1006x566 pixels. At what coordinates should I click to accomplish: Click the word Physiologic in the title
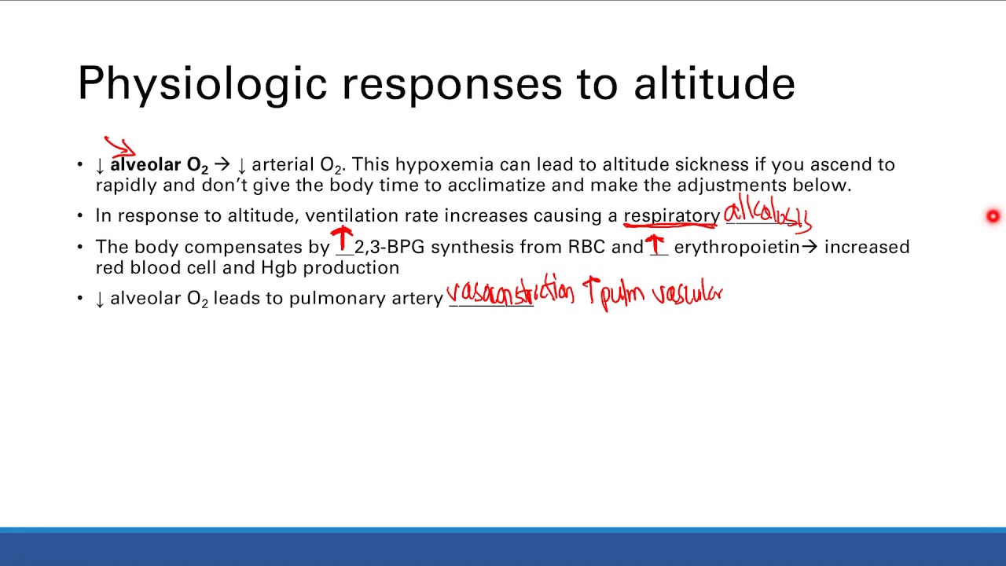pyautogui.click(x=202, y=83)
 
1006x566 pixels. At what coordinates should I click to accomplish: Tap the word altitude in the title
pyautogui.click(x=714, y=83)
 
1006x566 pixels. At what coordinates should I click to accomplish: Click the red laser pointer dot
pyautogui.click(x=993, y=216)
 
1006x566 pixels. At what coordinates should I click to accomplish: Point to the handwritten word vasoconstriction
pyautogui.click(x=510, y=293)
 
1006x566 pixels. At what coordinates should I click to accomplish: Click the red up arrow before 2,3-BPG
pyautogui.click(x=342, y=239)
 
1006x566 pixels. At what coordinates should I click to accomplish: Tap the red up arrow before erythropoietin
pyautogui.click(x=655, y=244)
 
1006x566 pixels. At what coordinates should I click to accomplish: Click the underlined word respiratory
pyautogui.click(x=672, y=215)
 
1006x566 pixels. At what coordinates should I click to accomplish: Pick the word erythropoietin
pyautogui.click(x=736, y=247)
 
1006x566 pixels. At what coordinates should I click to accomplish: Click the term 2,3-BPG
pyautogui.click(x=389, y=247)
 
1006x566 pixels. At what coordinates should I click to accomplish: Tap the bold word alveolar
pyautogui.click(x=145, y=164)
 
